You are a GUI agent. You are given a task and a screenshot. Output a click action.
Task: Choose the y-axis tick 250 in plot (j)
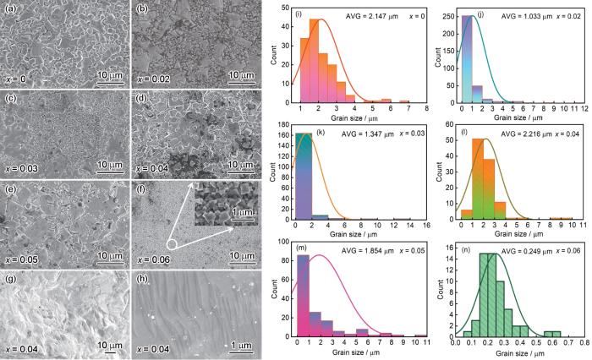[450, 16]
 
